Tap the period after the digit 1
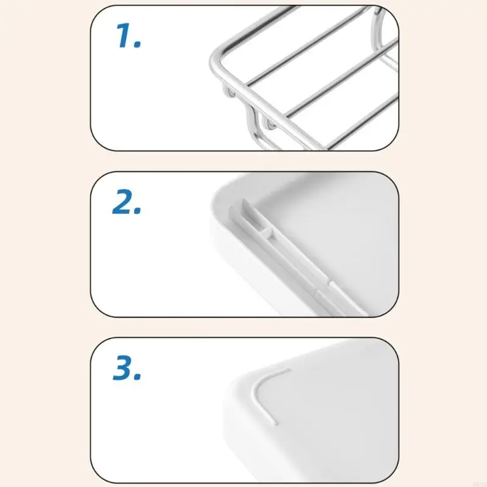point(138,45)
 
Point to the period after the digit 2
point(138,211)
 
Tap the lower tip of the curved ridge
point(272,421)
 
